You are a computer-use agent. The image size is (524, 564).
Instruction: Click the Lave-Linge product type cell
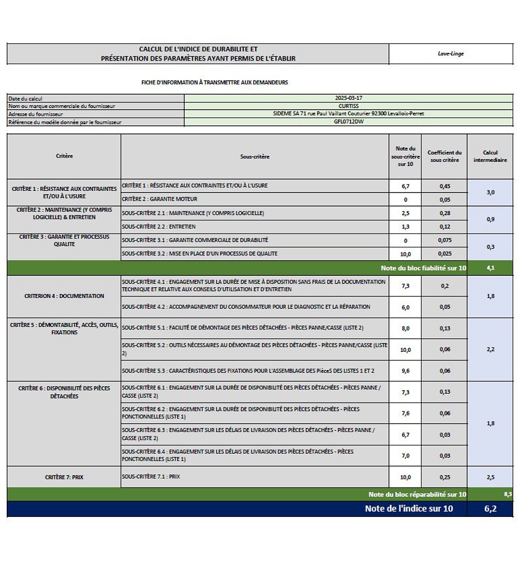point(451,54)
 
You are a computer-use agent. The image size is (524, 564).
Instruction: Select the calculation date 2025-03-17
point(348,98)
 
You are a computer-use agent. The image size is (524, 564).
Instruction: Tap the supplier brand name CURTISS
point(348,106)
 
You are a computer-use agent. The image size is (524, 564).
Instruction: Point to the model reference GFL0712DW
point(348,122)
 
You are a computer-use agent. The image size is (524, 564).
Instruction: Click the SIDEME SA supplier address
point(348,113)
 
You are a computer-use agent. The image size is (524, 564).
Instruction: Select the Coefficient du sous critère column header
point(444,156)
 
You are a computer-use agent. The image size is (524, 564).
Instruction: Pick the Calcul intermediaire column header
point(490,156)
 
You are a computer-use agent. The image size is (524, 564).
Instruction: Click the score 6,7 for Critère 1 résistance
point(405,186)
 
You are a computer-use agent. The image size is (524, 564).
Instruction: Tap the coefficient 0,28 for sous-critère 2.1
point(444,213)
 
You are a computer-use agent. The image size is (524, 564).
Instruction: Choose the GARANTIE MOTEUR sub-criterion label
point(159,199)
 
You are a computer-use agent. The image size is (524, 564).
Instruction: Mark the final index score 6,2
point(490,509)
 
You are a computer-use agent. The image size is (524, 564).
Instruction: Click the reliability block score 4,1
point(490,268)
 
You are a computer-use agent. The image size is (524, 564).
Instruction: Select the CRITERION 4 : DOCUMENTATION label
point(64,296)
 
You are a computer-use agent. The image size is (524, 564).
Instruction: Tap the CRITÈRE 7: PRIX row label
point(64,477)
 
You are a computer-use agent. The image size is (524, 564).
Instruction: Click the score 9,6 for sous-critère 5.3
point(405,371)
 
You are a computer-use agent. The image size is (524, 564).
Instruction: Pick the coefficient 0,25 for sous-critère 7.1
point(444,477)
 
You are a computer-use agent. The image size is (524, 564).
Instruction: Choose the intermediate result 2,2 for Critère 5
point(490,349)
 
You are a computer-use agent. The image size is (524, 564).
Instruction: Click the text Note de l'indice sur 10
point(409,509)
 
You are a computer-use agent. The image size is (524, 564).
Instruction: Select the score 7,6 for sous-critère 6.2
point(405,413)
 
